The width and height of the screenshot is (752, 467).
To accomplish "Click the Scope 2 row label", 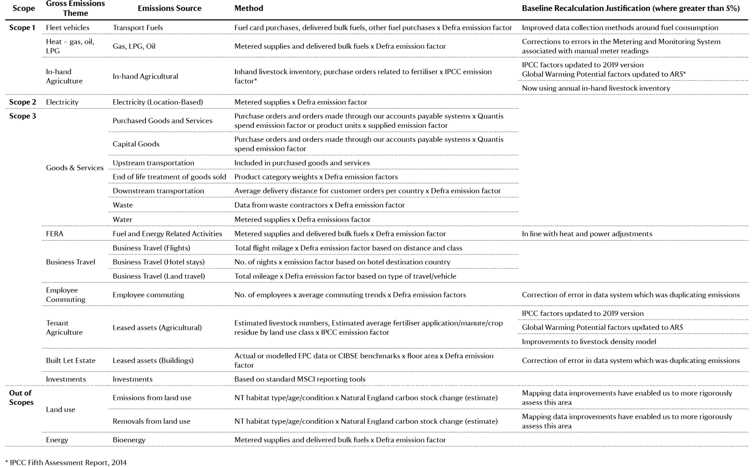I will [22, 102].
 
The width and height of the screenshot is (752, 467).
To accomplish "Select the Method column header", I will [249, 8].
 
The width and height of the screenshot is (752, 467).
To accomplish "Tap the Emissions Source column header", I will [169, 8].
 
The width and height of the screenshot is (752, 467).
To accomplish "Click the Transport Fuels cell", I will [138, 27].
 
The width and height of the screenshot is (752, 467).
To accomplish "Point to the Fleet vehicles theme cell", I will [68, 27].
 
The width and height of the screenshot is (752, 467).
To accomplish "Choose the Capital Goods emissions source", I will [136, 144].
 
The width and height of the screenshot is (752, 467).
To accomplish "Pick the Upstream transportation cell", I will [153, 163].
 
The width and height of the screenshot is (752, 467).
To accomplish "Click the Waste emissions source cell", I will [123, 205].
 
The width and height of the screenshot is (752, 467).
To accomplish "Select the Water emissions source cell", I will [122, 219].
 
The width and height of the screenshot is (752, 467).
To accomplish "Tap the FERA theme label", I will [55, 234].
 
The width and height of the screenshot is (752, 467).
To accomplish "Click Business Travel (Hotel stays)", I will [159, 262].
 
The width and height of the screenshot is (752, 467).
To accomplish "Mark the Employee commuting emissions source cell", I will [148, 295].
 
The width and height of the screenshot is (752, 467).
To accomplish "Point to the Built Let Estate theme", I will [71, 360].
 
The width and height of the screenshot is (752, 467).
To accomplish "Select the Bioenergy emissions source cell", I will [129, 440].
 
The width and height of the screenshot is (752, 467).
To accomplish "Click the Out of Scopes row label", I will [21, 397].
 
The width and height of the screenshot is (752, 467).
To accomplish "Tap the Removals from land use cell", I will [151, 421].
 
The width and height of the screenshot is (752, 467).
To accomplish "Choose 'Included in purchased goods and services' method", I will [302, 163].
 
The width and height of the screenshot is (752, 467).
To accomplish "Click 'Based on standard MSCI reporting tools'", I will [300, 379].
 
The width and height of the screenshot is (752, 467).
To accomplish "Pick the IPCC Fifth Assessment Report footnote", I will [66, 462].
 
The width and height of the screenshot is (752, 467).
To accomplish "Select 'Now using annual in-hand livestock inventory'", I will [596, 88].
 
